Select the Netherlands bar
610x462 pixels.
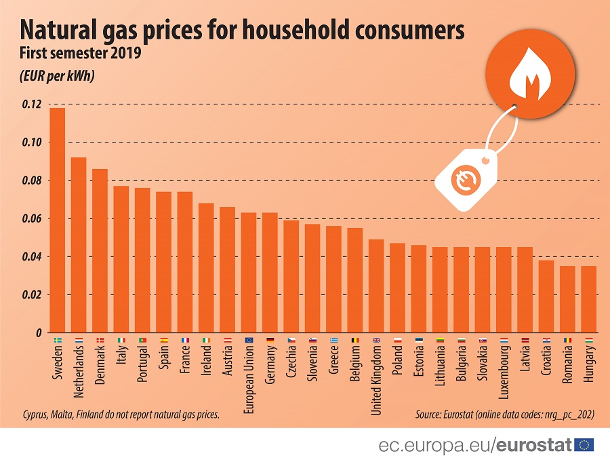[79, 245]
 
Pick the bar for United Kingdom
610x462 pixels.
[376, 286]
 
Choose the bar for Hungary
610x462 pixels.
[589, 299]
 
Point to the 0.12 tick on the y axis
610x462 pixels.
[31, 104]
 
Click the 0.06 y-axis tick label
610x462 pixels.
[31, 218]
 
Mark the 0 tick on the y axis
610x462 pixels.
[38, 333]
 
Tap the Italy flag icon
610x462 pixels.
[121, 340]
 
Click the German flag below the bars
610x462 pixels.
[270, 340]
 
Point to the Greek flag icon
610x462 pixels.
[333, 340]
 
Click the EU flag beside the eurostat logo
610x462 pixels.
[584, 445]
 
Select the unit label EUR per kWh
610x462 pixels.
[57, 75]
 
